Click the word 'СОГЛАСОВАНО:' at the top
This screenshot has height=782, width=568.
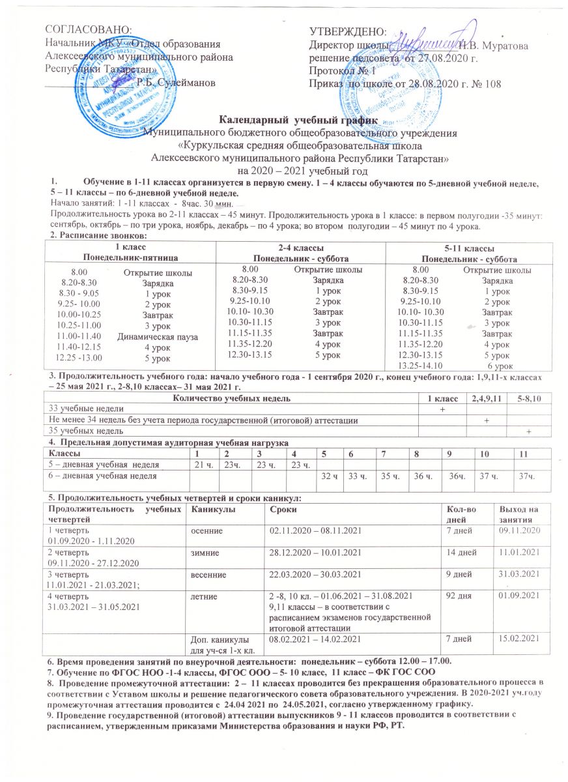click(87, 30)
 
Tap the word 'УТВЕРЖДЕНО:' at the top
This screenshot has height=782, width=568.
click(348, 30)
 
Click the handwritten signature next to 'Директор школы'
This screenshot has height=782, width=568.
click(423, 42)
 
